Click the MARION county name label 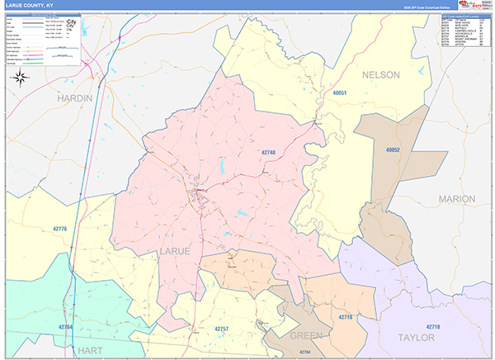(x=457, y=199)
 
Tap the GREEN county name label (x=308, y=336)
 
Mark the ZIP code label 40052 (x=392, y=149)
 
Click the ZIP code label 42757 (x=223, y=329)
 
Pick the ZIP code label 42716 (x=345, y=316)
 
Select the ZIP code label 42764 (x=305, y=353)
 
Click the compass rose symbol (x=21, y=78)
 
